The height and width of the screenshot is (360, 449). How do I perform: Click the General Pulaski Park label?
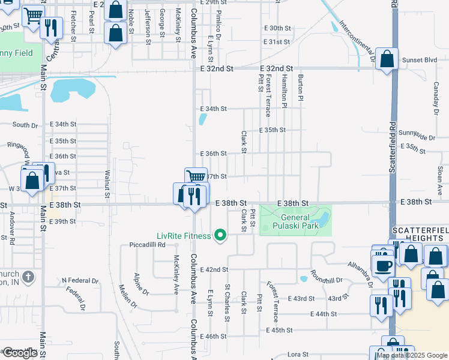point(295,222)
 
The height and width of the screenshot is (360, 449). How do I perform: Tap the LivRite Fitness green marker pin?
point(220,235)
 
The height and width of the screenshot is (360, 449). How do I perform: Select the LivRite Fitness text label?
point(184,236)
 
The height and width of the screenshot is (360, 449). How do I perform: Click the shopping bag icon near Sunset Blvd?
point(387,59)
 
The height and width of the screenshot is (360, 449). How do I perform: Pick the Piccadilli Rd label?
point(147,245)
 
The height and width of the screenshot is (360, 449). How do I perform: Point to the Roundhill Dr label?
point(327,280)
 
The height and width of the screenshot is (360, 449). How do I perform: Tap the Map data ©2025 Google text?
point(412,355)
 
